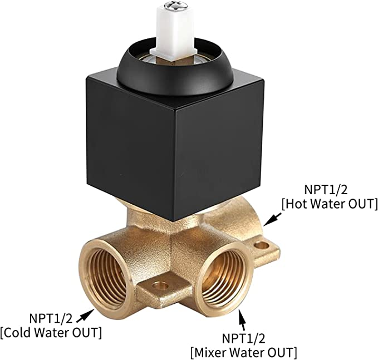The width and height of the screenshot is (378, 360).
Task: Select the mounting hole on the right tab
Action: click(x=262, y=245)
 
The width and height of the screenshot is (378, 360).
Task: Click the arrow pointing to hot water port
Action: click(x=272, y=219)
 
